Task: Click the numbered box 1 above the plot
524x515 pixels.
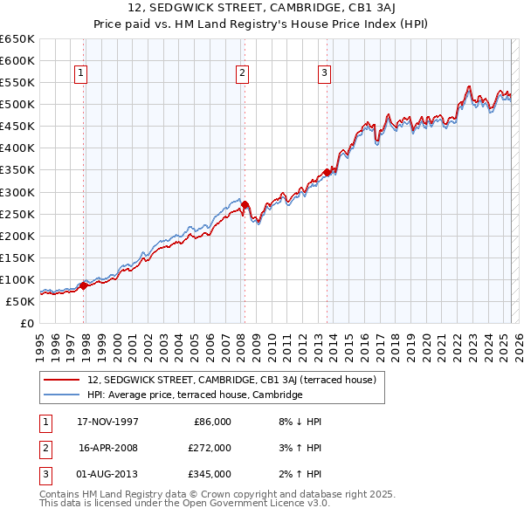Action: (79, 74)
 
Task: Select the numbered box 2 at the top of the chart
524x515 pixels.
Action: (242, 74)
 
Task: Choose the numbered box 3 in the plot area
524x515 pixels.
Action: (324, 74)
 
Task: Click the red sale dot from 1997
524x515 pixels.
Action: (84, 285)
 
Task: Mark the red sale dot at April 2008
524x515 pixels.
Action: (245, 204)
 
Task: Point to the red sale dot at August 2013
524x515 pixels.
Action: (327, 172)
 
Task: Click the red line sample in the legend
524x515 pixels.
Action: (61, 380)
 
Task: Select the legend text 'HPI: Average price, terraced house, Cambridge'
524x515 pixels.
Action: (194, 395)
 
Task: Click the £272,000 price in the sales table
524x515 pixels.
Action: (210, 448)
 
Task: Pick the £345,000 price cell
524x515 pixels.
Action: (210, 474)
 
